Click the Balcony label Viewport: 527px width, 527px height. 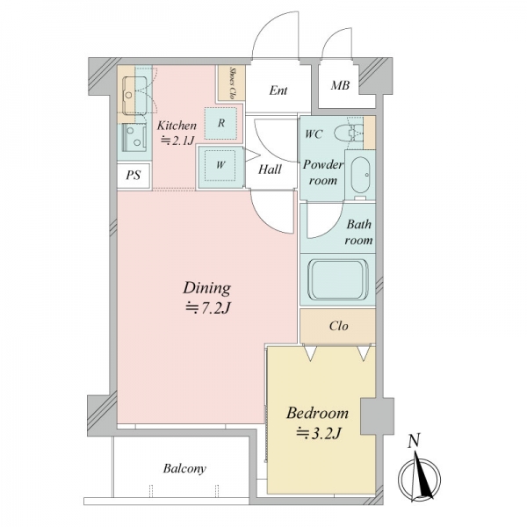184,468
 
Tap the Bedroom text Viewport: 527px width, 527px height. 317,413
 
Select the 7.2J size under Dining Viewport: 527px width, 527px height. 207,307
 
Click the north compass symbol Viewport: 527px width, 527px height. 420,477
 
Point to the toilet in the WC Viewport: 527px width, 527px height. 349,133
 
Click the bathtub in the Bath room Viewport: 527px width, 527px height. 338,279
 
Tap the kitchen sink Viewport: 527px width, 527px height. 134,95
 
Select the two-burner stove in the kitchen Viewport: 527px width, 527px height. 134,138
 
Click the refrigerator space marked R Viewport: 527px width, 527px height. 220,123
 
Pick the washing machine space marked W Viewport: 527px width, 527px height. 220,165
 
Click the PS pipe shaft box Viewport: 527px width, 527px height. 134,176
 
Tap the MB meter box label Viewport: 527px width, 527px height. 340,85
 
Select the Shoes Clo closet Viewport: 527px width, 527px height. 232,83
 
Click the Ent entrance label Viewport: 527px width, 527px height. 278,90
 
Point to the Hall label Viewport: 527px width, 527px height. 270,170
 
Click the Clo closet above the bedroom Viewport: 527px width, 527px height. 338,326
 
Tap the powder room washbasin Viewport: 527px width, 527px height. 360,175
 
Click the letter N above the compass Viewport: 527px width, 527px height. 414,441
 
